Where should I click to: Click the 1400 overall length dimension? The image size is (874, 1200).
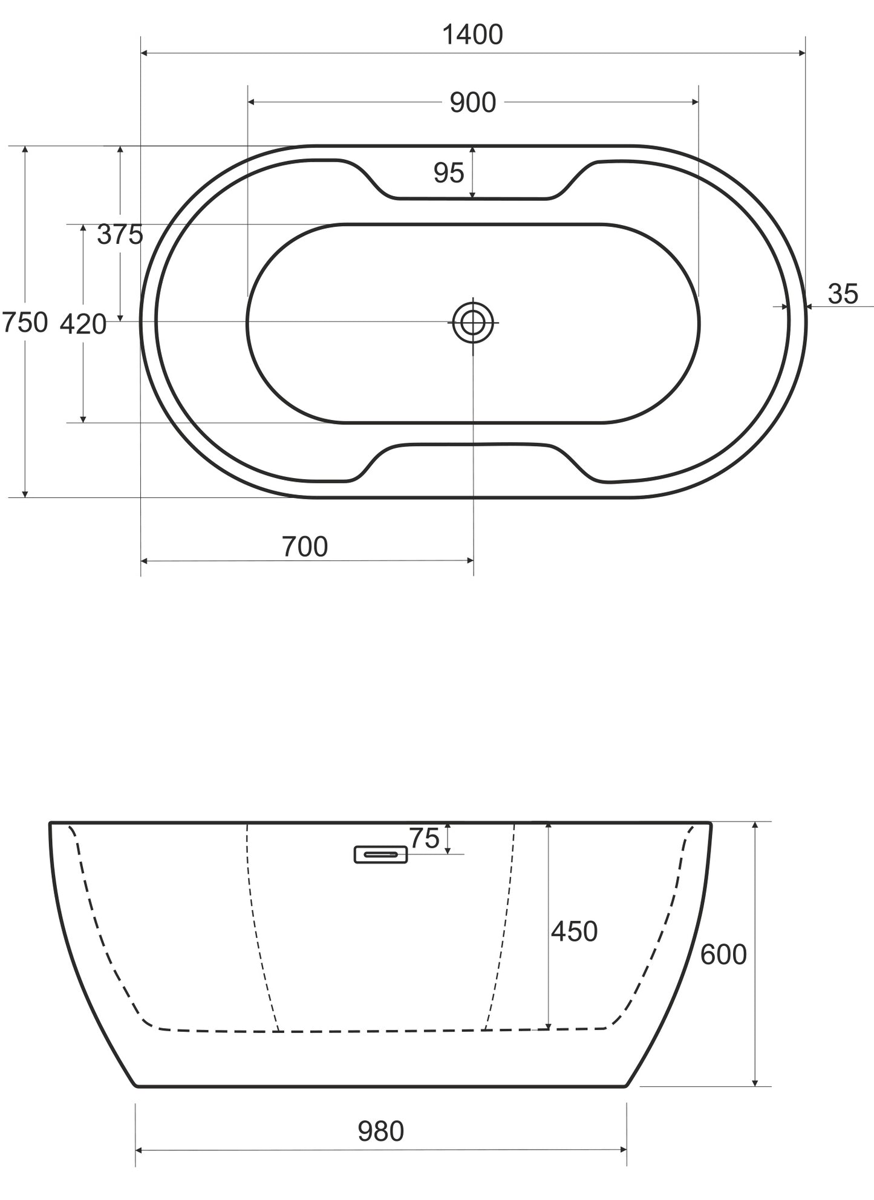(x=472, y=35)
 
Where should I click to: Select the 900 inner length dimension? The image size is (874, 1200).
(x=473, y=103)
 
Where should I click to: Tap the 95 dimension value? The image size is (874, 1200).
(x=449, y=173)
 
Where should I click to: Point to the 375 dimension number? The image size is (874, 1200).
(x=120, y=234)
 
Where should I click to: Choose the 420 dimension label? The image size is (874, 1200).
(x=83, y=324)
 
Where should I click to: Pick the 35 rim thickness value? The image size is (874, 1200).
(x=843, y=294)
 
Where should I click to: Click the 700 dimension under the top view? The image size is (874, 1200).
(x=305, y=547)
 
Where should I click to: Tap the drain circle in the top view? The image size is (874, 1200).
(x=473, y=322)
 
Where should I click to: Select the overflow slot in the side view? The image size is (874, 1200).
(x=380, y=854)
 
